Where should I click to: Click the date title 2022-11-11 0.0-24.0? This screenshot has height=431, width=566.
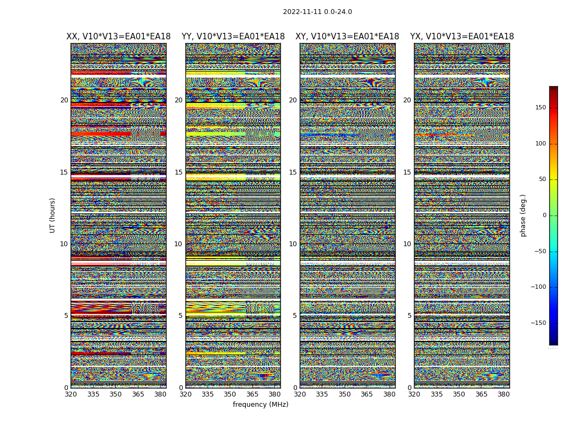[x=317, y=12]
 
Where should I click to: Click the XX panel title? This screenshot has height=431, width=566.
[x=118, y=37]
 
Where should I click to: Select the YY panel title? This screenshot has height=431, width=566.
[x=233, y=37]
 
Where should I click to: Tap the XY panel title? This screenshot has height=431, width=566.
[x=347, y=37]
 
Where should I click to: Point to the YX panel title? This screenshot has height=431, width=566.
[x=462, y=37]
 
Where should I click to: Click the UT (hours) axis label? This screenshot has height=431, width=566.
[x=52, y=215]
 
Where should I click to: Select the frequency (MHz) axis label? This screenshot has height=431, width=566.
[x=260, y=405]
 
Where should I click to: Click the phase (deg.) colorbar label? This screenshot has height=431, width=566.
[x=523, y=215]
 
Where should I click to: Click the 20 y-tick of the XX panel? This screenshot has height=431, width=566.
[x=64, y=100]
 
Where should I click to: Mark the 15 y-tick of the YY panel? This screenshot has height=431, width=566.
[x=178, y=172]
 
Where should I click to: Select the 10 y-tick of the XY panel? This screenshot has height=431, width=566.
[x=293, y=244]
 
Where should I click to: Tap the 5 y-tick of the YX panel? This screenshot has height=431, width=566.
[x=409, y=316]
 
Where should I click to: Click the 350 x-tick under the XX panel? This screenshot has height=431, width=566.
[x=116, y=394]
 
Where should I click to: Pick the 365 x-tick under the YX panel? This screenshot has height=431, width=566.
[x=481, y=394]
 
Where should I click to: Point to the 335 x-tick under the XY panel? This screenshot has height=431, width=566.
[x=322, y=394]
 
